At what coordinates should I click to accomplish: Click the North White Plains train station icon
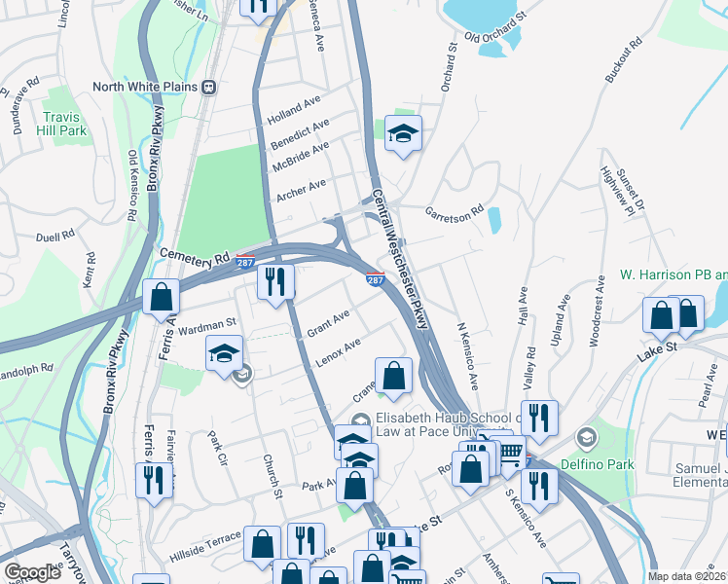coord(208,87)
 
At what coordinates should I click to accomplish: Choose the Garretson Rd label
coord(454,210)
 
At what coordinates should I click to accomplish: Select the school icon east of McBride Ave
coord(402,133)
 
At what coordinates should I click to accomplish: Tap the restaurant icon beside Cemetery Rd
coord(275,281)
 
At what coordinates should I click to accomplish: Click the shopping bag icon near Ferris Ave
coord(162,296)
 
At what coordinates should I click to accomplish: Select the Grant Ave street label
coord(328,323)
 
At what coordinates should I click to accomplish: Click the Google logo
coord(33,571)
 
